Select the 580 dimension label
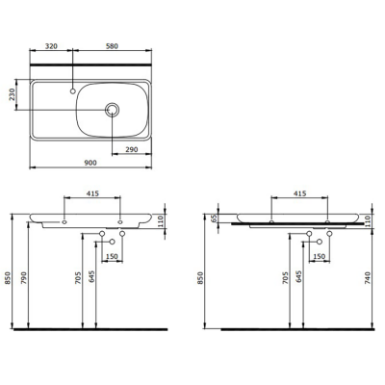pos(113,44)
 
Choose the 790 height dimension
pos(26,279)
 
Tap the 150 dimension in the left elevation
pos(111,257)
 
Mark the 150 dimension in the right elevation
pos(319,257)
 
